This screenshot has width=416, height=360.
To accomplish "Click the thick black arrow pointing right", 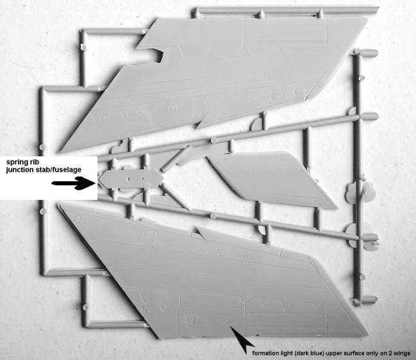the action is [x=73, y=183].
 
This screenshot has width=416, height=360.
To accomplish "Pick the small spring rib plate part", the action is [x=131, y=179].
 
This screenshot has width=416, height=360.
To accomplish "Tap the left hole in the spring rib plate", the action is [x=128, y=179].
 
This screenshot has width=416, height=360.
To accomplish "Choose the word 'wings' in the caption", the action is [x=403, y=354].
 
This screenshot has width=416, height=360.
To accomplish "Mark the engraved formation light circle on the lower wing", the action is [x=225, y=320].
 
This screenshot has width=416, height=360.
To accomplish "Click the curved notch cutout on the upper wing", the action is [x=159, y=55].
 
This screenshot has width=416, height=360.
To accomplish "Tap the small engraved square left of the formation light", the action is [x=190, y=320].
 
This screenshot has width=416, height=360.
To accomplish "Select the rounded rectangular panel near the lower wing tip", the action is [x=77, y=218].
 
